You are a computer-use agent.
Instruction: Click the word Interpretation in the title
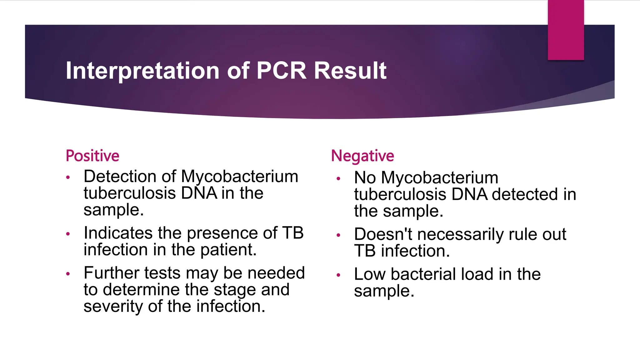[x=142, y=71]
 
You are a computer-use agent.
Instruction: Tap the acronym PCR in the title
[x=281, y=71]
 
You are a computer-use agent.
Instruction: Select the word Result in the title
[x=350, y=71]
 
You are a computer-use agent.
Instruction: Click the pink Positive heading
[x=92, y=156]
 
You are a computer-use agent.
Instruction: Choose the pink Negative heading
[x=362, y=156]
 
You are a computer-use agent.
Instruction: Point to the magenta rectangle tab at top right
[x=566, y=30]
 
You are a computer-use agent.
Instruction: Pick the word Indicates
[x=118, y=233]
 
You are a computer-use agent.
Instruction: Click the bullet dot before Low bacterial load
[x=338, y=275]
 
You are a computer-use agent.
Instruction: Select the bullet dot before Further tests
[x=68, y=274]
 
